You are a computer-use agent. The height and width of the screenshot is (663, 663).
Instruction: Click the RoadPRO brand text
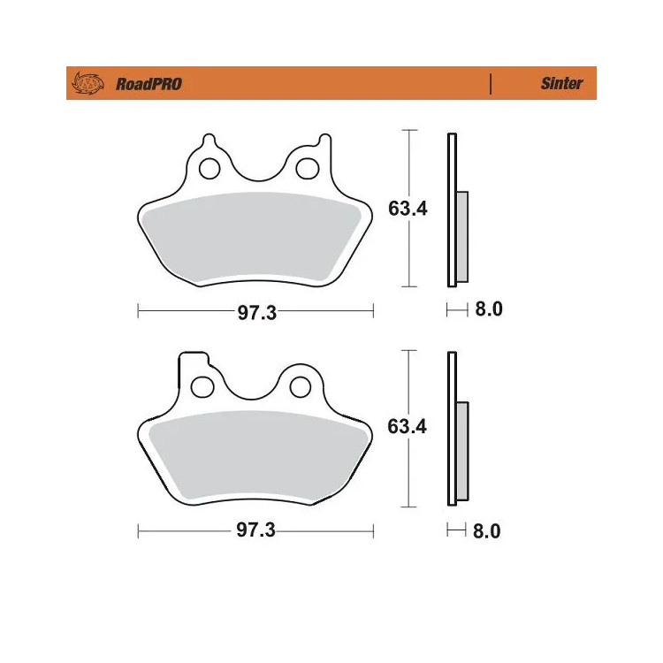149,84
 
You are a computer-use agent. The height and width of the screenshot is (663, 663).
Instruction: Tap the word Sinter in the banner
561,84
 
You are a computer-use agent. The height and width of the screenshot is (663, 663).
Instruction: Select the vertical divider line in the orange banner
491,84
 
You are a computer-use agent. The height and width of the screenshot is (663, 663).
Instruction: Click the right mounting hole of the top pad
306,167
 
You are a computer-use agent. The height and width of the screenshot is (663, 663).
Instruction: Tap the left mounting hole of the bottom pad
203,386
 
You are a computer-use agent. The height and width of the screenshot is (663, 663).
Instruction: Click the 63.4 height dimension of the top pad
408,210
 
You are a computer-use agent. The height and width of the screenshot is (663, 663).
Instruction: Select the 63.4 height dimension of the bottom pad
408,427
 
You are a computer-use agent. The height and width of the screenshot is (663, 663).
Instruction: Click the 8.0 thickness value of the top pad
489,309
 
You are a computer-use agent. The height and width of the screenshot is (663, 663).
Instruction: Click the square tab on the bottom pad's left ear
188,362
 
